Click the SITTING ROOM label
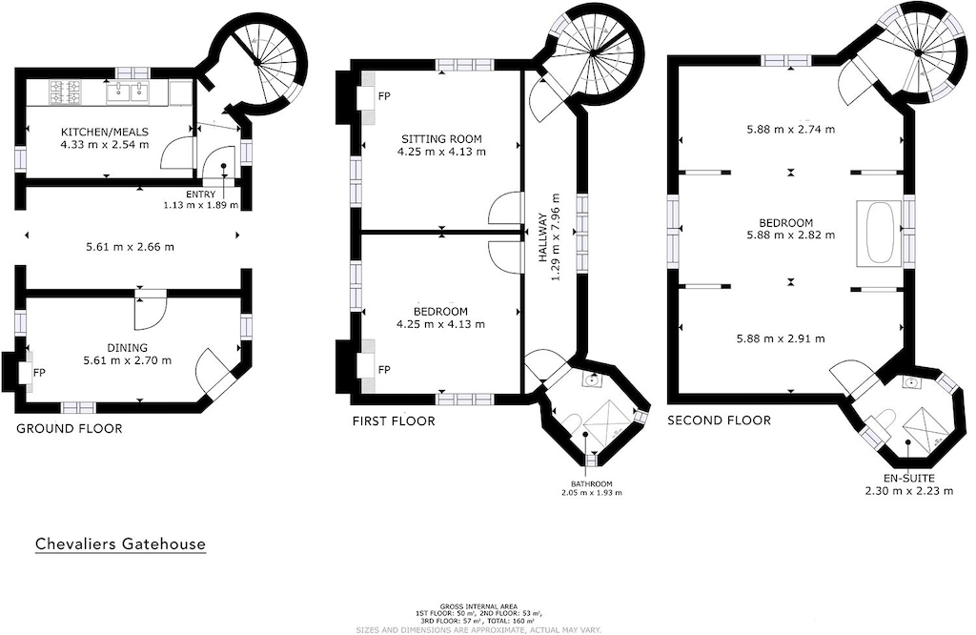(x=442, y=138)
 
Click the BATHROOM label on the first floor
(x=591, y=482)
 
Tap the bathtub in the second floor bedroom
(x=879, y=231)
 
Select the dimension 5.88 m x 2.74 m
(x=790, y=130)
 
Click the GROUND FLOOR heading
(x=70, y=429)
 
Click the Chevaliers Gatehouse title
(x=120, y=544)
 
